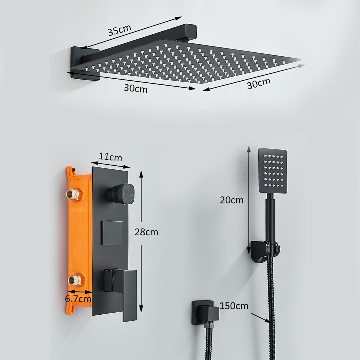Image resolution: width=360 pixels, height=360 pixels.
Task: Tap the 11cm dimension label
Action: (111, 157)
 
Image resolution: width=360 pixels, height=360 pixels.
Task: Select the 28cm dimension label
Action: (146, 232)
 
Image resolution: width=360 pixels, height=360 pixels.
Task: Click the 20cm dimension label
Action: (232, 200)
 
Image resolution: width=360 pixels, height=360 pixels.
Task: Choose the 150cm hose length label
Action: (234, 306)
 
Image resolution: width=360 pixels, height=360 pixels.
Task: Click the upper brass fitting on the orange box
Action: (73, 194)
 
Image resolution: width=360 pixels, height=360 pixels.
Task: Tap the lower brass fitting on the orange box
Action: (75, 279)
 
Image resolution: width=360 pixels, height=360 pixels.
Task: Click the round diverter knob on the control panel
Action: (120, 194)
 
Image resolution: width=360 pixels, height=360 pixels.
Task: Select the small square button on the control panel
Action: (112, 233)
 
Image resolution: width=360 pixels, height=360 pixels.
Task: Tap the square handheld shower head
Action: (273, 171)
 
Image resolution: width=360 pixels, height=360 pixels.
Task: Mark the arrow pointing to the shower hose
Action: (260, 317)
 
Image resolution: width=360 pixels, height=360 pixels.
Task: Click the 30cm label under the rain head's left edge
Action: (135, 88)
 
